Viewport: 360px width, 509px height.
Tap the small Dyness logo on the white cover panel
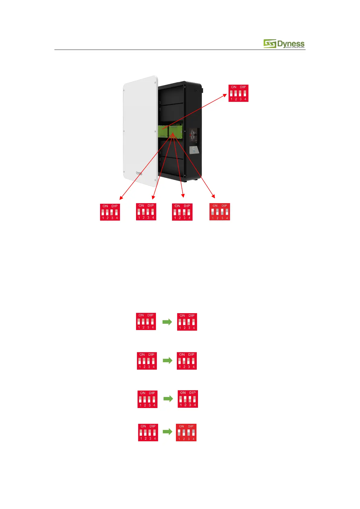click(139, 173)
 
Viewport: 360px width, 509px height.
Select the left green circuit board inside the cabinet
click(163, 131)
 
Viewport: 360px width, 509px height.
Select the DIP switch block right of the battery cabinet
click(238, 93)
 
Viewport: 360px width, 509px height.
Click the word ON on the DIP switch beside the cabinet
click(234, 87)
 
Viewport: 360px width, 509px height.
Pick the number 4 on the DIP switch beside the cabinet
click(245, 99)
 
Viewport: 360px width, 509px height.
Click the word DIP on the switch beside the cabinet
click(243, 87)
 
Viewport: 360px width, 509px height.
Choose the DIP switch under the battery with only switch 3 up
click(110, 212)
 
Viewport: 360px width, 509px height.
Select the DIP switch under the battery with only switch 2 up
click(146, 212)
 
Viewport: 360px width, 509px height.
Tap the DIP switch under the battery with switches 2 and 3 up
click(182, 212)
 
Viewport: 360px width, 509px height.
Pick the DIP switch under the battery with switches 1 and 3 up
click(220, 212)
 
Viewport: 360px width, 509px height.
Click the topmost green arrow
click(167, 322)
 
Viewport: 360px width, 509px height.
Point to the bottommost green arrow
click(167, 432)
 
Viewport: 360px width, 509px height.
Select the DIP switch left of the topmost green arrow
click(146, 321)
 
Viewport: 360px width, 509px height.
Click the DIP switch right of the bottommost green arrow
click(186, 433)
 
